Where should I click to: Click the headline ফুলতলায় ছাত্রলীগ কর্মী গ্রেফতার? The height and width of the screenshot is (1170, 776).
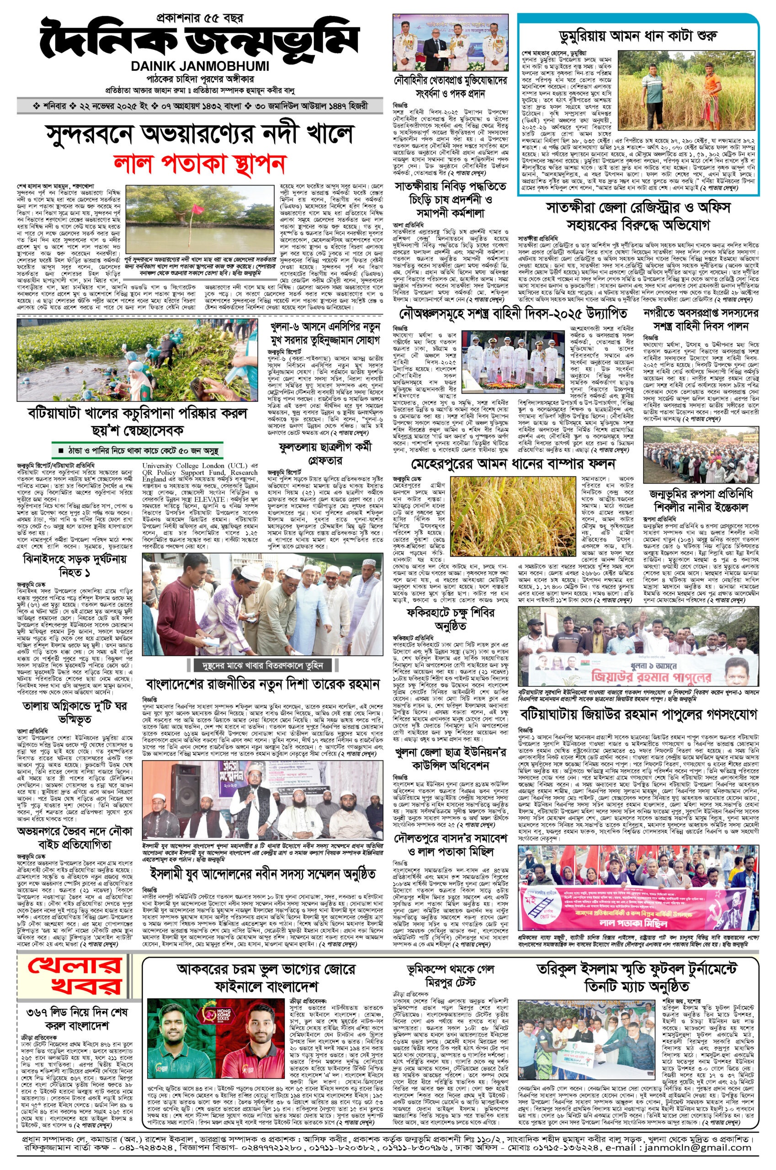tap(325, 454)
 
